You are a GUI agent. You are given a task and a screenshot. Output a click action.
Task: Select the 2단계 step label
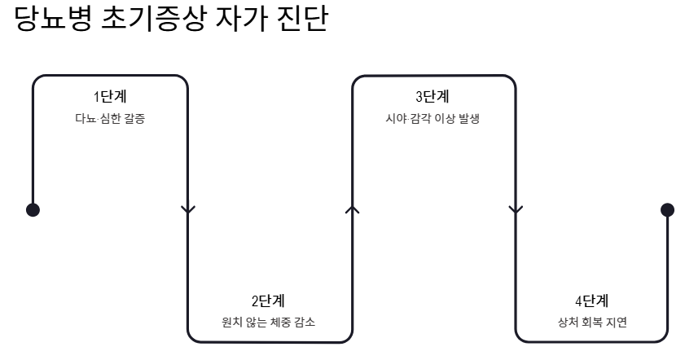[269, 301]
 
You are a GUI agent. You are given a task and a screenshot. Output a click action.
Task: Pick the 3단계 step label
[433, 97]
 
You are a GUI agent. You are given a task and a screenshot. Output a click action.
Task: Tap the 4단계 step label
[592, 301]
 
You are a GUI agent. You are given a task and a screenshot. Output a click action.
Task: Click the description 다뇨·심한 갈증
[110, 118]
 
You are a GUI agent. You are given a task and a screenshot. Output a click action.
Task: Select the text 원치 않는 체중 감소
[269, 322]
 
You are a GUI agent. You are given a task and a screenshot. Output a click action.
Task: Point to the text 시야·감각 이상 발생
[433, 118]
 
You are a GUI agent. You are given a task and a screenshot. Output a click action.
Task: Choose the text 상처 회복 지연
[592, 322]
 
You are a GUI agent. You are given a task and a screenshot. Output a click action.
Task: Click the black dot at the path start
[33, 209]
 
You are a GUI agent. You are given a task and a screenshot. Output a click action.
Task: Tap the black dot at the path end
[667, 209]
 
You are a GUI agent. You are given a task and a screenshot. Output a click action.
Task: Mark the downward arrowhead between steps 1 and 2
[188, 209]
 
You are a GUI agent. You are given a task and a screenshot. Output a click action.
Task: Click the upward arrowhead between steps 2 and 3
[352, 209]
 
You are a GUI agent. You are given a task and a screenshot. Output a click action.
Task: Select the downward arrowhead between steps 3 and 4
[515, 209]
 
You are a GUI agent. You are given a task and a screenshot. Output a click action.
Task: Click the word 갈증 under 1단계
[136, 118]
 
